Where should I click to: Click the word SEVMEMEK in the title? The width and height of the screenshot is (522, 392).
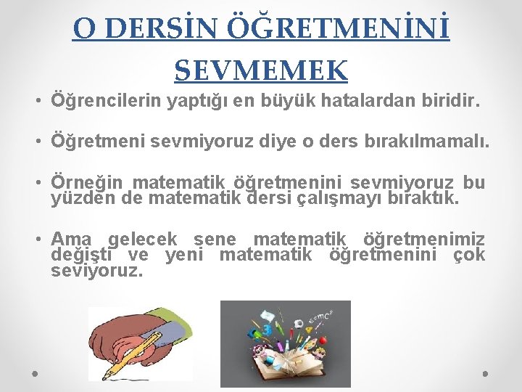261,70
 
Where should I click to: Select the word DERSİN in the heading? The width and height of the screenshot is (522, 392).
154,28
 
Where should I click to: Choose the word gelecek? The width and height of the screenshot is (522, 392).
142,240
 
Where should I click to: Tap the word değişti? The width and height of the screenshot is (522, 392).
83,255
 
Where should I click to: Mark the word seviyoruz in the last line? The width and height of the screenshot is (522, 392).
97,271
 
